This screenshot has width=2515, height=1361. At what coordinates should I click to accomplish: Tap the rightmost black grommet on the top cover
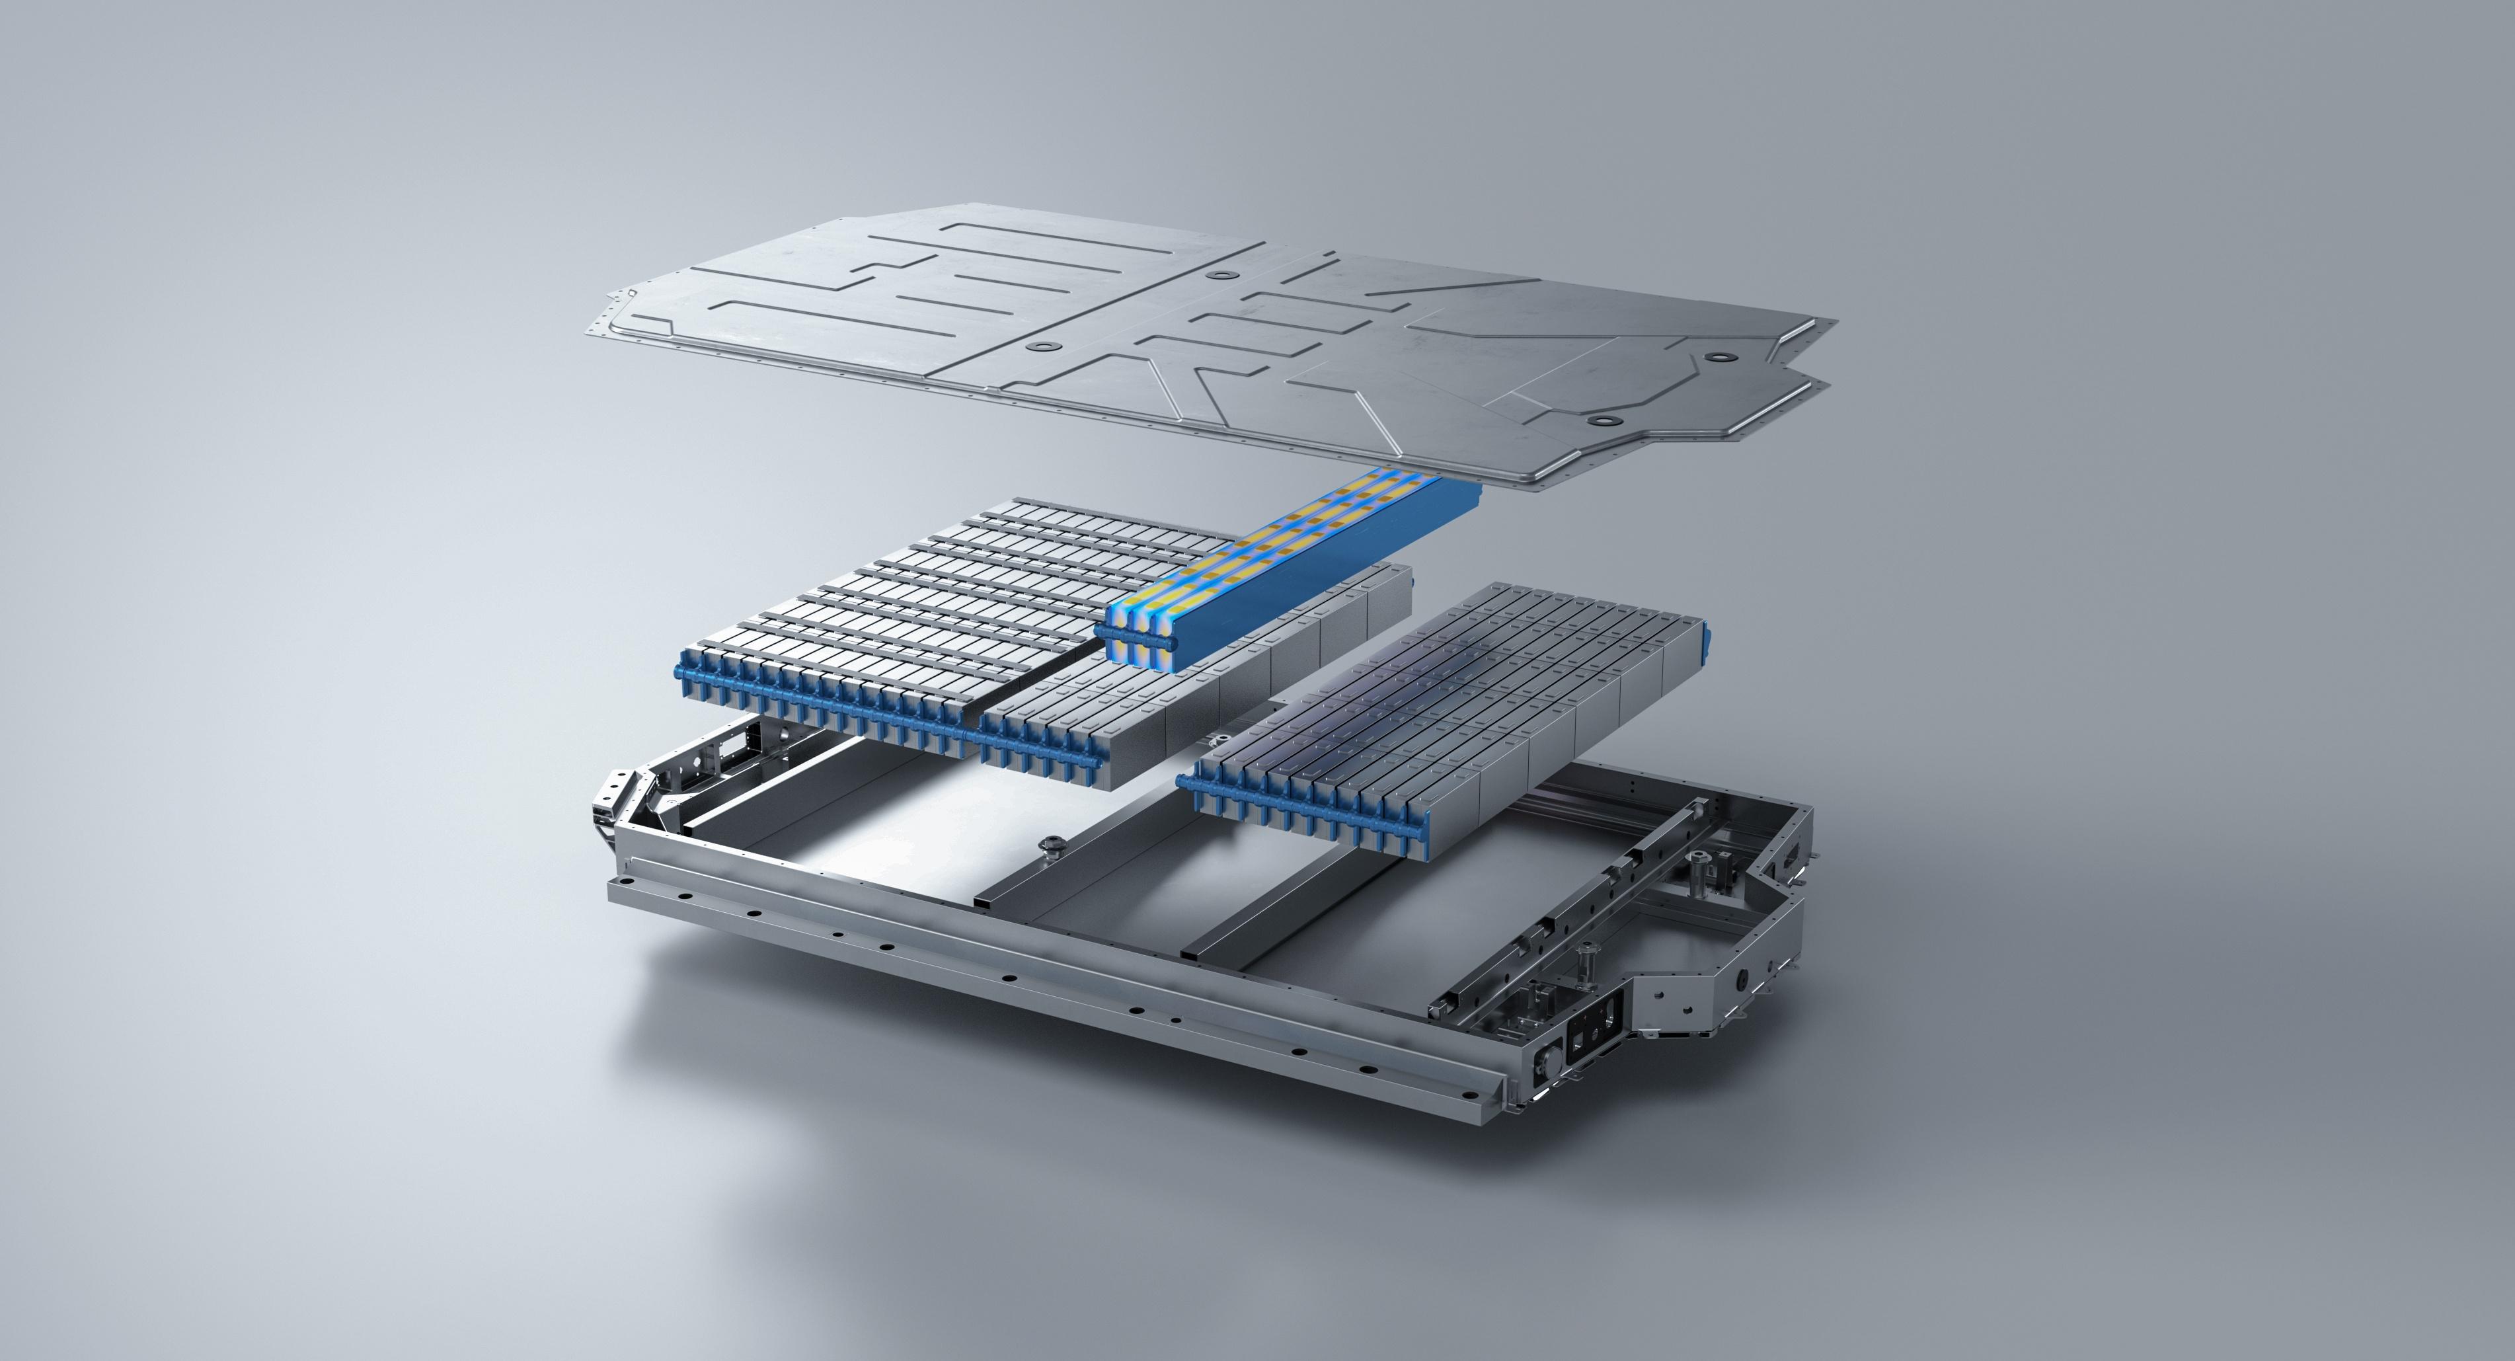point(1715,360)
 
